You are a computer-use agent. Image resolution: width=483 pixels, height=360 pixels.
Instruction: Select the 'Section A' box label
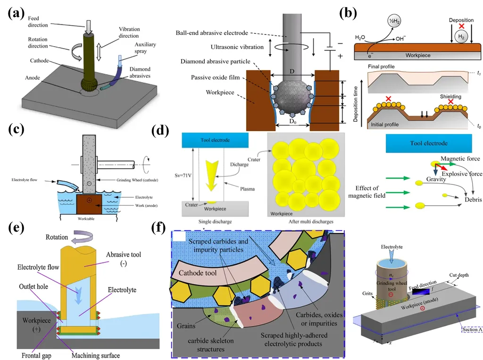pos(472,329)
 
